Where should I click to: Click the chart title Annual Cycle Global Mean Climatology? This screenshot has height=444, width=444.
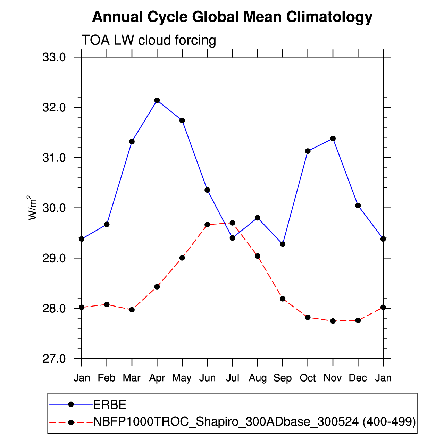[x=232, y=17]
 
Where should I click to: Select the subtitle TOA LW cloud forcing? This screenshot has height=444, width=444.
[x=149, y=41]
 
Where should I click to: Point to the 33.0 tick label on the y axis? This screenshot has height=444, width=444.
[x=54, y=57]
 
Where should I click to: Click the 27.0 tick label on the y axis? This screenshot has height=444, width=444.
[x=54, y=359]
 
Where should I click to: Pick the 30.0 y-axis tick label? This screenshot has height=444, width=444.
[x=54, y=208]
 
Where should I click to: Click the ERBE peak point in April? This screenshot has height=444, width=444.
[x=157, y=100]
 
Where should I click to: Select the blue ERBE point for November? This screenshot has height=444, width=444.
[x=333, y=139]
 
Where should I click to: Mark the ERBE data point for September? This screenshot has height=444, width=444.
[x=283, y=244]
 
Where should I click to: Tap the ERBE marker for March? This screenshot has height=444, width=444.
[x=132, y=141]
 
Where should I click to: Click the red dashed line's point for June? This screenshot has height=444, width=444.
[x=207, y=225]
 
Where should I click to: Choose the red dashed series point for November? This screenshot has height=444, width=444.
[x=333, y=321]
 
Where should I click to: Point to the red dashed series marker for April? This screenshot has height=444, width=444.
[x=157, y=287]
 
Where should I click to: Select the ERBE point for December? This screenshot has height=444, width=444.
[x=358, y=206]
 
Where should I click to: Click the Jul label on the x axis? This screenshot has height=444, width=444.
[x=232, y=378]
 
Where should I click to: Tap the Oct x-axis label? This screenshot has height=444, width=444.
[x=308, y=378]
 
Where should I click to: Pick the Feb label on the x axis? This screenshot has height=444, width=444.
[x=107, y=378]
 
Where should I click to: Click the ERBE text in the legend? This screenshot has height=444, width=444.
[x=110, y=404]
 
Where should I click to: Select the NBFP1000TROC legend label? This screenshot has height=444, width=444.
[x=254, y=422]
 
